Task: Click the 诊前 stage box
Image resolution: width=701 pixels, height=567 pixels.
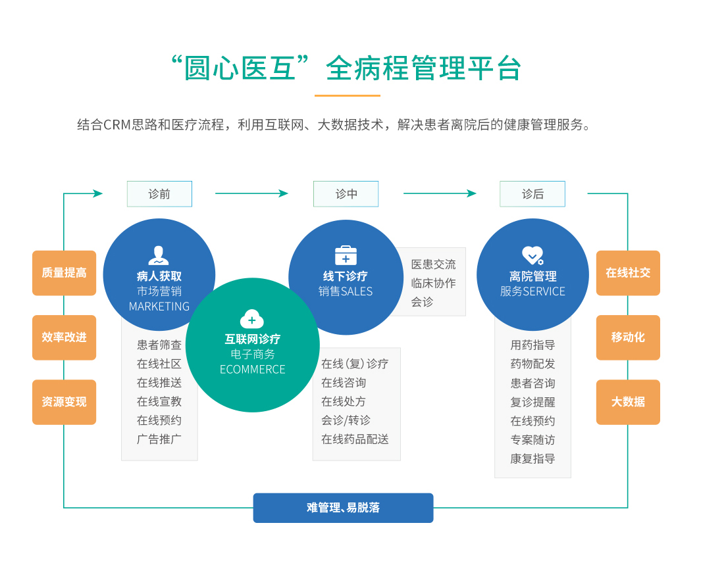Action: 159,194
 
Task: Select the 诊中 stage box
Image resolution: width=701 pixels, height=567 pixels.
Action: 346,194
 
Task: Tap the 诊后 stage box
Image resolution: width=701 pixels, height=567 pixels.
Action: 532,194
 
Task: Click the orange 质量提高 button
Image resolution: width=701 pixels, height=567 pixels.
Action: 65,273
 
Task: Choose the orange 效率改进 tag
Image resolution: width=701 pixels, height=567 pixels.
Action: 65,337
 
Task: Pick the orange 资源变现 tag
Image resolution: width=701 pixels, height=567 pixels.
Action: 65,402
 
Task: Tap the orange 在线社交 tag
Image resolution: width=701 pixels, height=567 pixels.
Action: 628,273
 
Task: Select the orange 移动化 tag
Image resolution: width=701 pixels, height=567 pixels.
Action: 628,337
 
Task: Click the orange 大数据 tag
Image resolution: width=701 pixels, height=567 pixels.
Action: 628,402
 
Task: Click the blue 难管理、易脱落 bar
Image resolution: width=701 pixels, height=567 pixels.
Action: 344,508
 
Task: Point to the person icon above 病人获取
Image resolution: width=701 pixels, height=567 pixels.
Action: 159,256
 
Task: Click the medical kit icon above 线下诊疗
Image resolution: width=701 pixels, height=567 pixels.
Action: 346,255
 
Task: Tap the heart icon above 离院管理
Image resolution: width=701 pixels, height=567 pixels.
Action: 532,256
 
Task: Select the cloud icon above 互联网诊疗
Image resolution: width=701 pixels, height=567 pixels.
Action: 252,319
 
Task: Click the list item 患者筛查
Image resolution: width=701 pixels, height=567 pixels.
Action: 159,345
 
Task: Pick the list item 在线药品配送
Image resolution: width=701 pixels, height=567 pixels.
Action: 355,439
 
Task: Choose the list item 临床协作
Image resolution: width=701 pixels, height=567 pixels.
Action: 434,283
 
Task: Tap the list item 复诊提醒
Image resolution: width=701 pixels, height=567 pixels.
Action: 533,402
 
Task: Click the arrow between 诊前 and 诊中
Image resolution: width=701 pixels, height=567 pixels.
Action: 251,193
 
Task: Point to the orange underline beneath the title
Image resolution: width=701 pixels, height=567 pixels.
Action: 348,95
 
